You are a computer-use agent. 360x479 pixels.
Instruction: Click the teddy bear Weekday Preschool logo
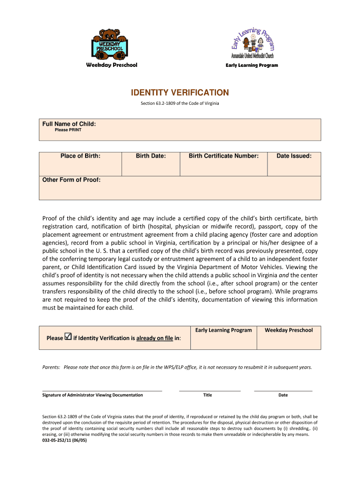click(111, 44)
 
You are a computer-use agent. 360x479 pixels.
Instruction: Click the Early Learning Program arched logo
click(252, 42)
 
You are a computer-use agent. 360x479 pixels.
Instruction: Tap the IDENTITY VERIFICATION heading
click(180, 93)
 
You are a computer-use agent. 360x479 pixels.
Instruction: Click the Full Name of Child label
click(69, 124)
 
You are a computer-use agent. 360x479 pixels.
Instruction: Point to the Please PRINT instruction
click(68, 130)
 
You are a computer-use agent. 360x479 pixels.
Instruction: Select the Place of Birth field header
click(80, 156)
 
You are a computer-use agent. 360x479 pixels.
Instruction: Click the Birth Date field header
click(151, 156)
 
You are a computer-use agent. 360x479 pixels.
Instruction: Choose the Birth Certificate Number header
click(223, 156)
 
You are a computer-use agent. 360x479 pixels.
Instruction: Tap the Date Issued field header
click(294, 156)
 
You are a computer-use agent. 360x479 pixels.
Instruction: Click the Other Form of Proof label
click(72, 180)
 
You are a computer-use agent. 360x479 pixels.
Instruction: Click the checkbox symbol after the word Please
click(68, 336)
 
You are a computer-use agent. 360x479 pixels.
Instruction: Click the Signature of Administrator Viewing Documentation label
click(93, 395)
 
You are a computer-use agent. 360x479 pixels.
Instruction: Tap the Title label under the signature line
click(208, 395)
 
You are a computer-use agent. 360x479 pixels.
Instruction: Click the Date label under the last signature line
click(283, 395)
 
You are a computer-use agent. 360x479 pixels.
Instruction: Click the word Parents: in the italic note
click(50, 368)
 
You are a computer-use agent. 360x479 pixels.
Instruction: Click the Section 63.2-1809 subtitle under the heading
click(180, 103)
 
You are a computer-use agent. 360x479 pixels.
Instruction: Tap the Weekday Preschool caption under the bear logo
click(111, 65)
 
